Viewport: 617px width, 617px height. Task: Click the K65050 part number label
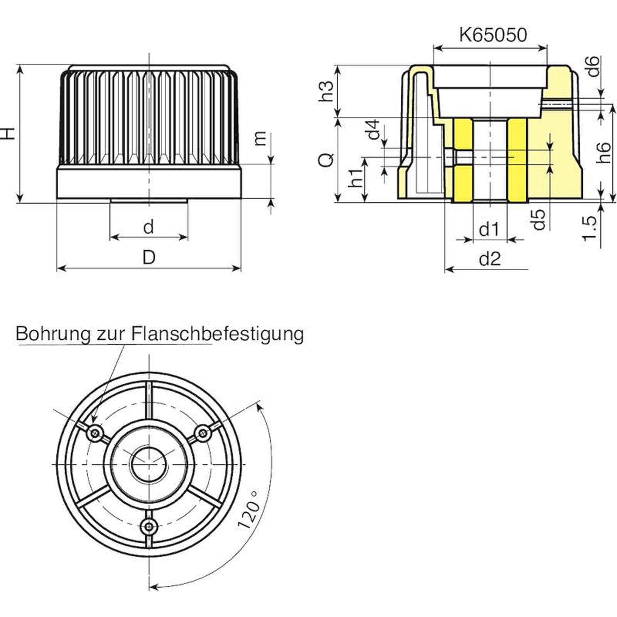click(493, 35)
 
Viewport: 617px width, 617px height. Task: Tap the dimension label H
click(8, 133)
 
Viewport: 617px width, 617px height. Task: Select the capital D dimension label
click(149, 257)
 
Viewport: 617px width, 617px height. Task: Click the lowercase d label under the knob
click(149, 227)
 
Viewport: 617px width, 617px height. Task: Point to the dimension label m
click(260, 138)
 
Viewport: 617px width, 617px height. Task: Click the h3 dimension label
click(326, 91)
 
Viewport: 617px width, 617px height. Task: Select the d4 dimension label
click(373, 130)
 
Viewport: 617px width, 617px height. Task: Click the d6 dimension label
click(593, 66)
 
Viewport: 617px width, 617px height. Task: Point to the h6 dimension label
click(604, 152)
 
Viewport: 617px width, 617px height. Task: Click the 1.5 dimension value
click(590, 229)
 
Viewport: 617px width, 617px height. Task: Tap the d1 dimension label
click(489, 230)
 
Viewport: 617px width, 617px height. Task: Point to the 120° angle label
click(248, 509)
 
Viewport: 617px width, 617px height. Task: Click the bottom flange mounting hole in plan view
click(149, 525)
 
